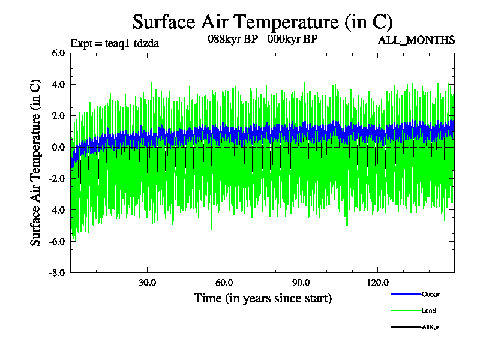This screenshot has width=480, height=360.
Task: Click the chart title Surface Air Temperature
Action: click(x=262, y=22)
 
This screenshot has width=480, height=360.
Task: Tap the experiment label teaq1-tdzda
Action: click(x=115, y=43)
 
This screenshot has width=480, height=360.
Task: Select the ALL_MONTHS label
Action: click(x=416, y=40)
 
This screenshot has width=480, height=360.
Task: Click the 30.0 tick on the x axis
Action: click(x=147, y=283)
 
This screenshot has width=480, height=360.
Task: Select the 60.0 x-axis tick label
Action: click(x=224, y=283)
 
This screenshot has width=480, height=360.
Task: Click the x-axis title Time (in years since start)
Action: click(x=262, y=298)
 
